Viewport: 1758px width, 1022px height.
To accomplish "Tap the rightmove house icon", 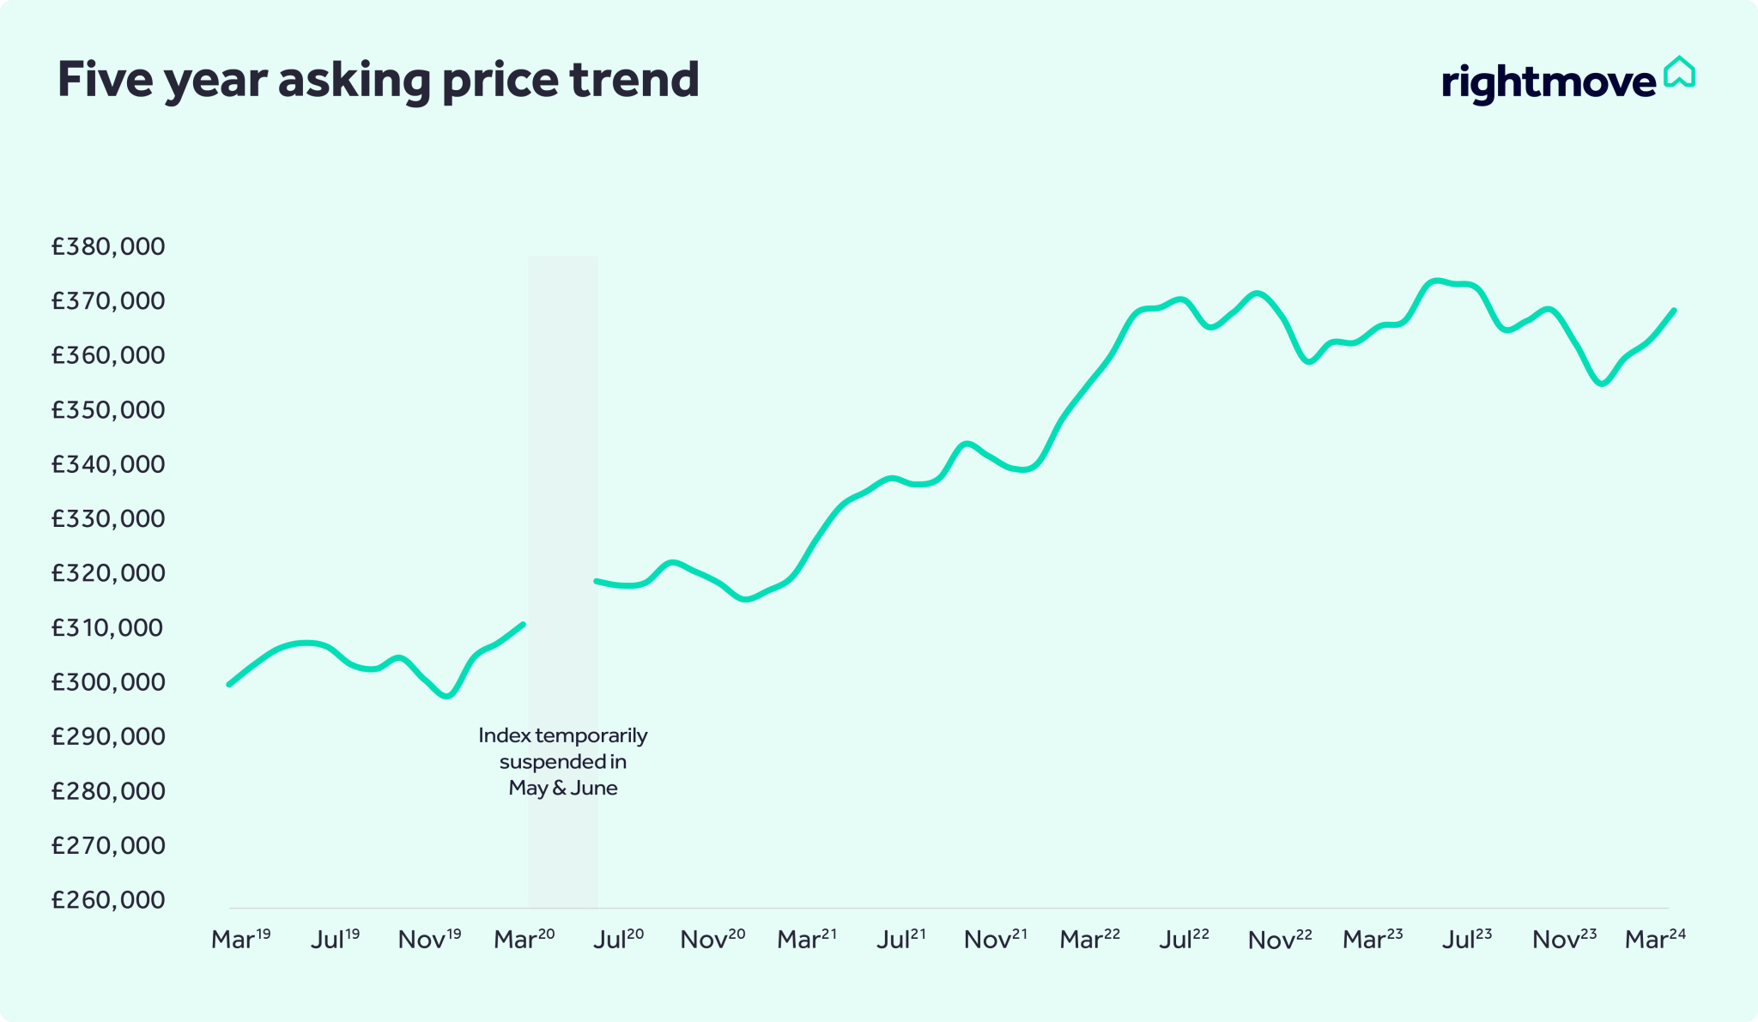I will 1679,73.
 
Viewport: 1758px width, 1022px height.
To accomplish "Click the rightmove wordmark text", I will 1549,82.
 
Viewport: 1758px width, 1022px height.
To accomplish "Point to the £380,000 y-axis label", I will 108,246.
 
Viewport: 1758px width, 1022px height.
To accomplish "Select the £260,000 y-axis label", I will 108,899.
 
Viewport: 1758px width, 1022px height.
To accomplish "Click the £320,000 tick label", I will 108,572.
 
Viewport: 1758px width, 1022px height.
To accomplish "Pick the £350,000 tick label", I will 108,409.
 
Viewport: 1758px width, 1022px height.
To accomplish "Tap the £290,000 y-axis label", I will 108,736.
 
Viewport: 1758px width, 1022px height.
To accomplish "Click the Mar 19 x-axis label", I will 240,939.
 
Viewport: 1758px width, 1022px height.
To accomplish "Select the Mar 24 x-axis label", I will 1655,939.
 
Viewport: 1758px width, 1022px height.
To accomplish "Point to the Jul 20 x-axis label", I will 618,939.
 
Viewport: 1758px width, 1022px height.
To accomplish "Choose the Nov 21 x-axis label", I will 995,939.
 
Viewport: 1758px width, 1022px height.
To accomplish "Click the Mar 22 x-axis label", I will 1089,939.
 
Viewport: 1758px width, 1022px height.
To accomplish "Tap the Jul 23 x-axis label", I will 1466,939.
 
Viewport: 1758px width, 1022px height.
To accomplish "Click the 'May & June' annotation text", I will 563,788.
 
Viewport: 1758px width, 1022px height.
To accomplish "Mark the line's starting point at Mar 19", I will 228,685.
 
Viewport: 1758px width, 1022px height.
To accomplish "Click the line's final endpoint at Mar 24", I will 1674,310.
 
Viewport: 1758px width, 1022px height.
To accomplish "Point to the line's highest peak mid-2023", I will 1436,281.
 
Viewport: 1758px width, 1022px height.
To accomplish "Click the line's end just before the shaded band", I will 523,624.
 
